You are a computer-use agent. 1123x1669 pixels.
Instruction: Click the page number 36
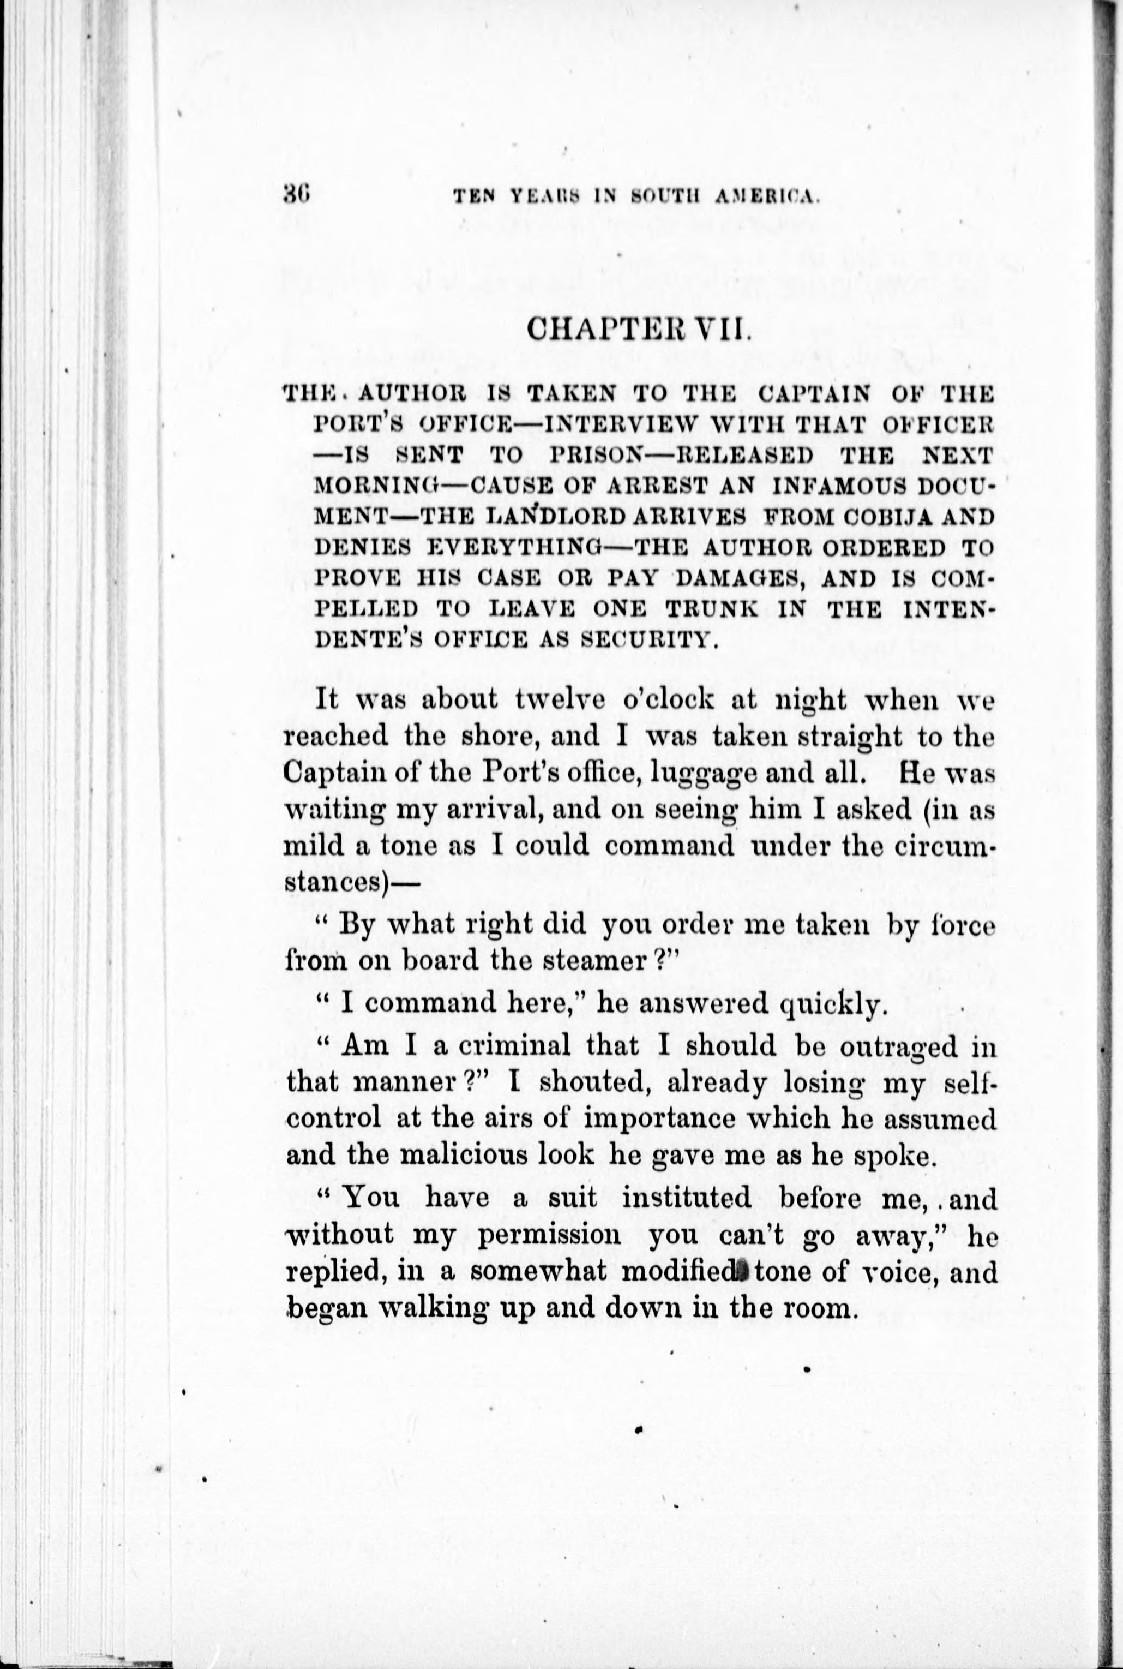coord(295,193)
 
